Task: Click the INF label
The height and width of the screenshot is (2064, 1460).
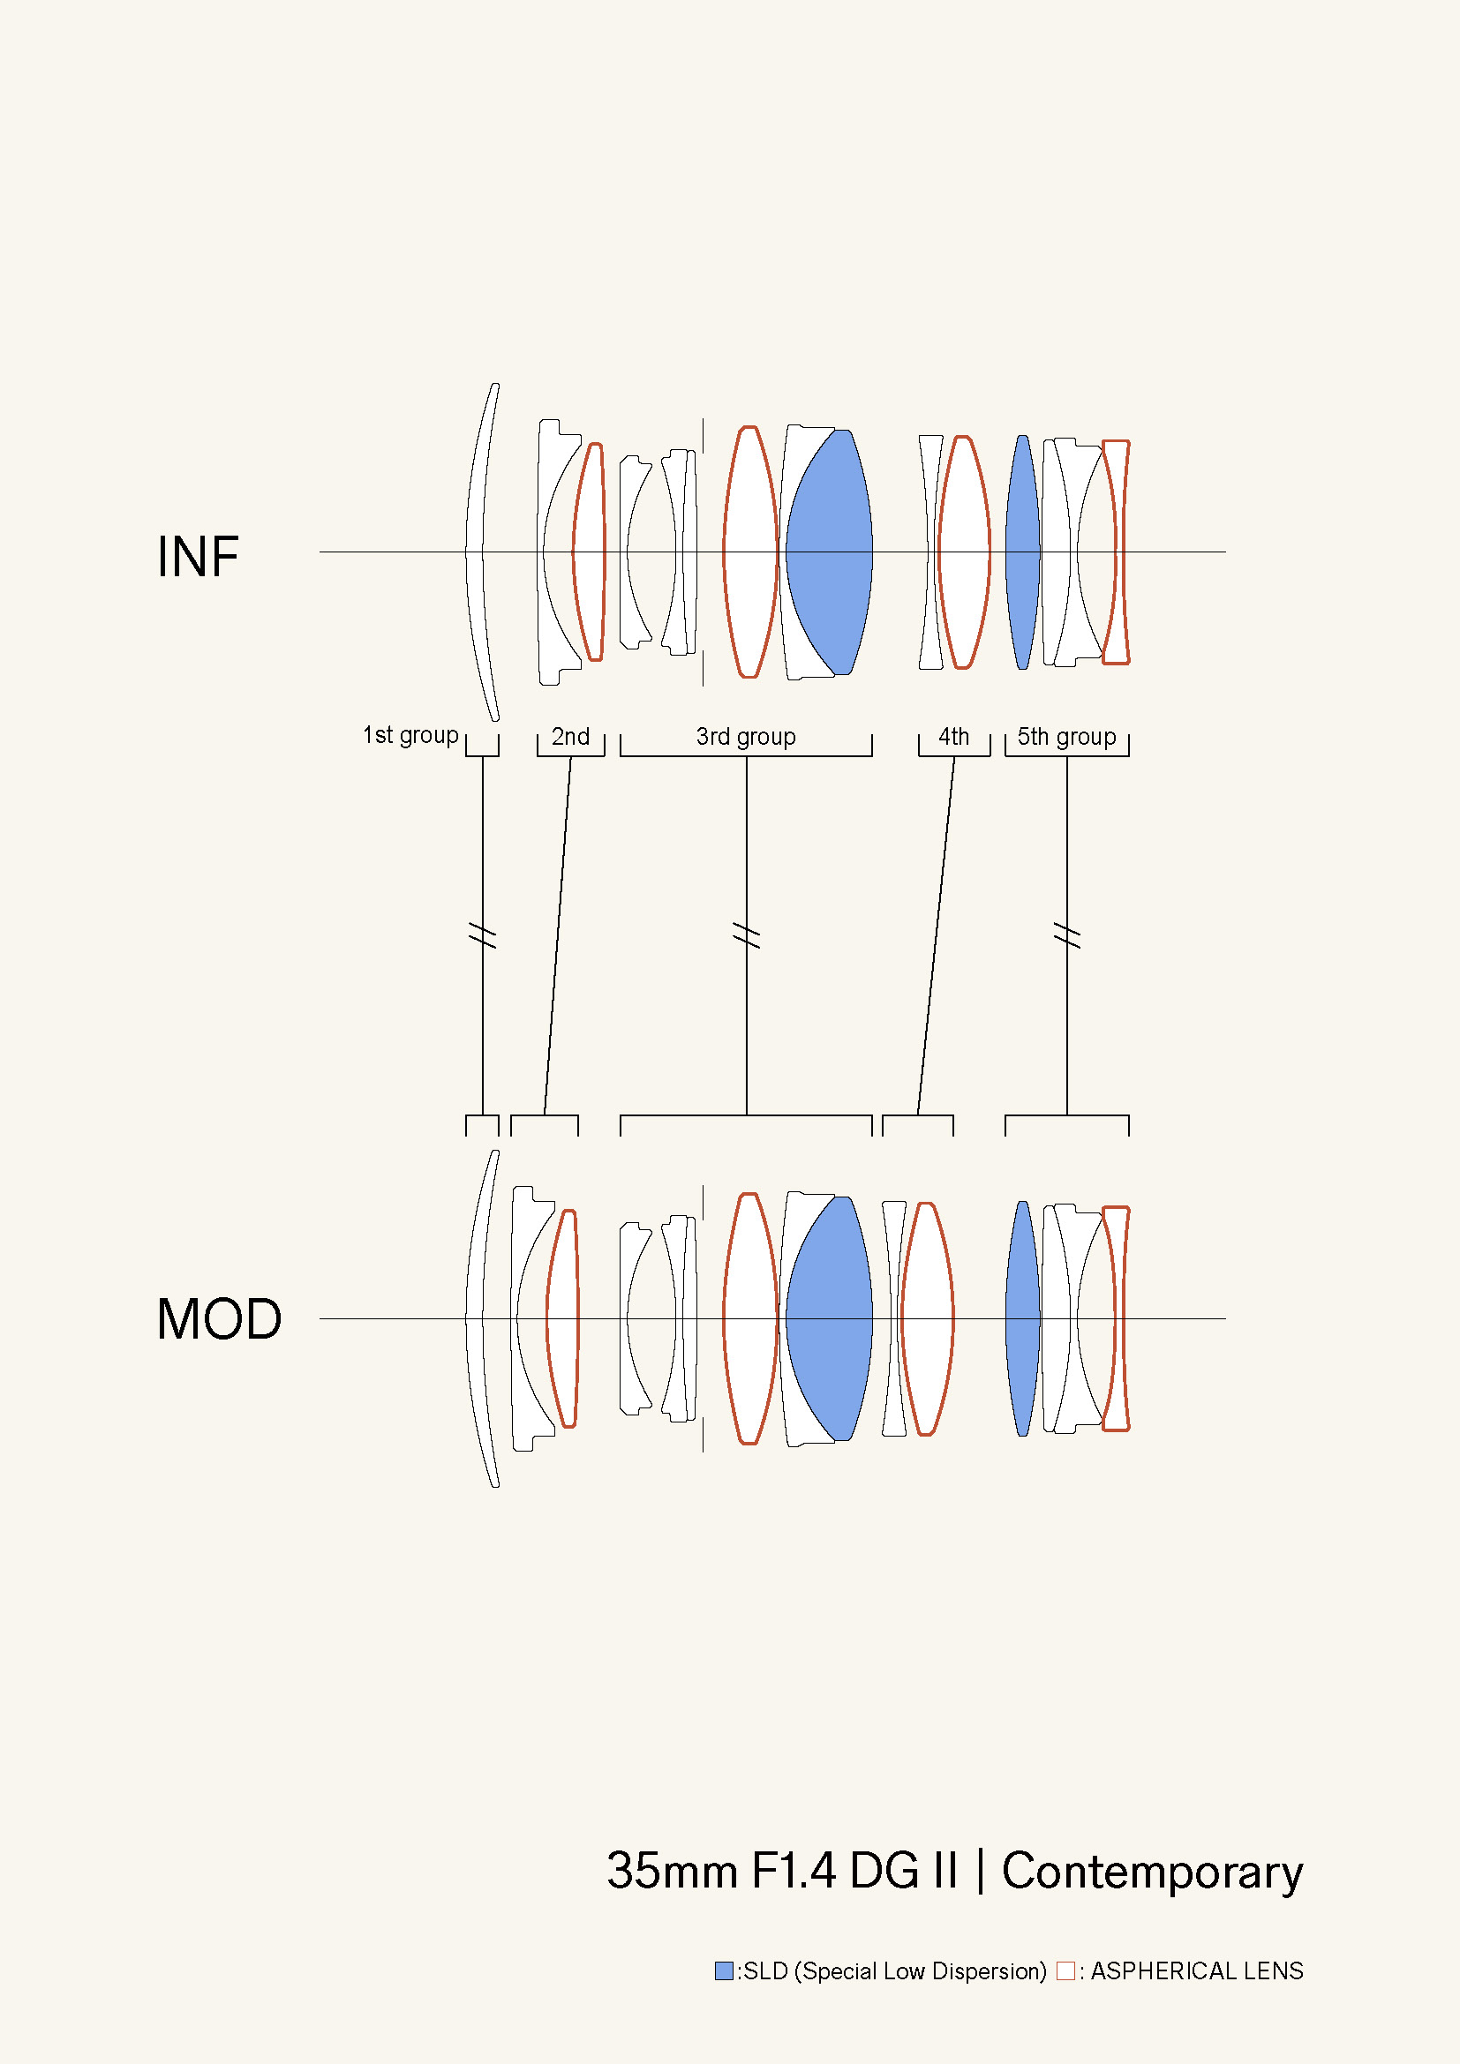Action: point(198,557)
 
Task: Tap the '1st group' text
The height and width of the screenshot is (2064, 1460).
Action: point(410,735)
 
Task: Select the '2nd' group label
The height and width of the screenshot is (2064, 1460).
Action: point(570,736)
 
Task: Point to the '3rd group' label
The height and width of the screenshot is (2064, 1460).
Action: point(745,736)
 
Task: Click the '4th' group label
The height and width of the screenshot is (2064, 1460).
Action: point(953,736)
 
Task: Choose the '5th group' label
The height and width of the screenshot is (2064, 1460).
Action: point(1066,736)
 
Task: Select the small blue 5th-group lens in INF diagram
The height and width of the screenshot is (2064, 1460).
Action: point(1022,552)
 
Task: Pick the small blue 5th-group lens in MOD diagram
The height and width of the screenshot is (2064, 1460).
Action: point(1022,1318)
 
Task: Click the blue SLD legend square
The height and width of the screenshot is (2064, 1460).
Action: point(724,1970)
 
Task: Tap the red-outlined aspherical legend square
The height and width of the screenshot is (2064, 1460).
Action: point(1065,1970)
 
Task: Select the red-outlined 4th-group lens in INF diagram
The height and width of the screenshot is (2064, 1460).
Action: point(964,552)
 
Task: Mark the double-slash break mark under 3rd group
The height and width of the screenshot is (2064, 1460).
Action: point(746,934)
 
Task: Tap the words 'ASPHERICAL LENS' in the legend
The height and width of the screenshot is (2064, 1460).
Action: point(1197,1970)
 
